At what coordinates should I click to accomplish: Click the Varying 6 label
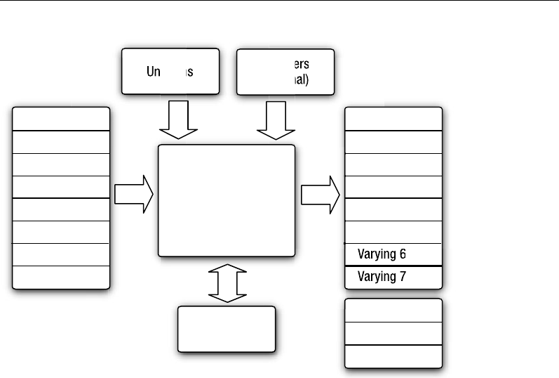pyautogui.click(x=382, y=253)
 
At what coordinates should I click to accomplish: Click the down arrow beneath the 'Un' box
pyautogui.click(x=179, y=120)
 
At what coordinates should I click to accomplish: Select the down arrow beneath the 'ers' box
pyautogui.click(x=276, y=120)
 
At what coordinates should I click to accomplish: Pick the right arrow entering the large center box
pyautogui.click(x=134, y=194)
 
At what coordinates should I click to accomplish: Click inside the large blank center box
pyautogui.click(x=227, y=201)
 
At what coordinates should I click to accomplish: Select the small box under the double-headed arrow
pyautogui.click(x=227, y=328)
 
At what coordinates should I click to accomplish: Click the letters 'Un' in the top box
pyautogui.click(x=155, y=72)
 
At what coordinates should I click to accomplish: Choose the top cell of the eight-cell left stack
pyautogui.click(x=61, y=119)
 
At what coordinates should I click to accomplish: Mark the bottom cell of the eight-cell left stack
pyautogui.click(x=61, y=277)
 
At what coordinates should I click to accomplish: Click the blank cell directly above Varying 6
pyautogui.click(x=393, y=231)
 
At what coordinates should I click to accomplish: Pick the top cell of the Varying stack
pyautogui.click(x=393, y=119)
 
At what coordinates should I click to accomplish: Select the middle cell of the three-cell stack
pyautogui.click(x=393, y=333)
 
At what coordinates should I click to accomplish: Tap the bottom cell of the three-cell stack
pyautogui.click(x=393, y=356)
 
